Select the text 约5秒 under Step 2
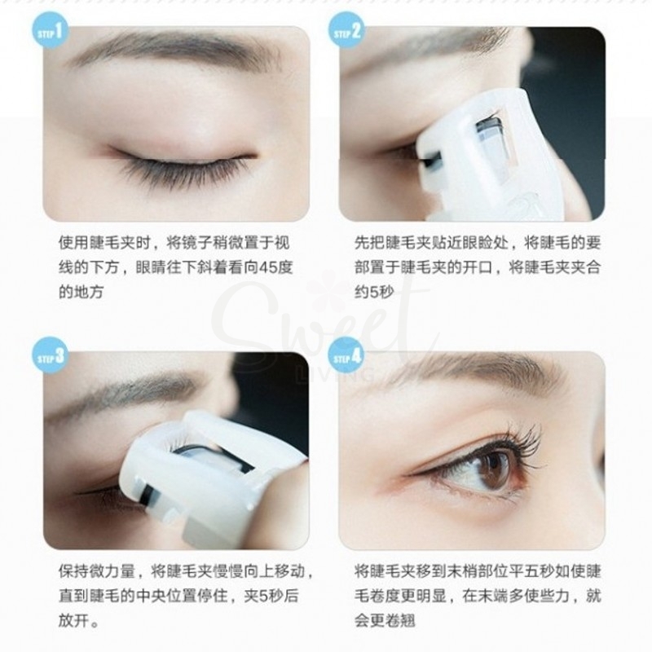374,291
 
